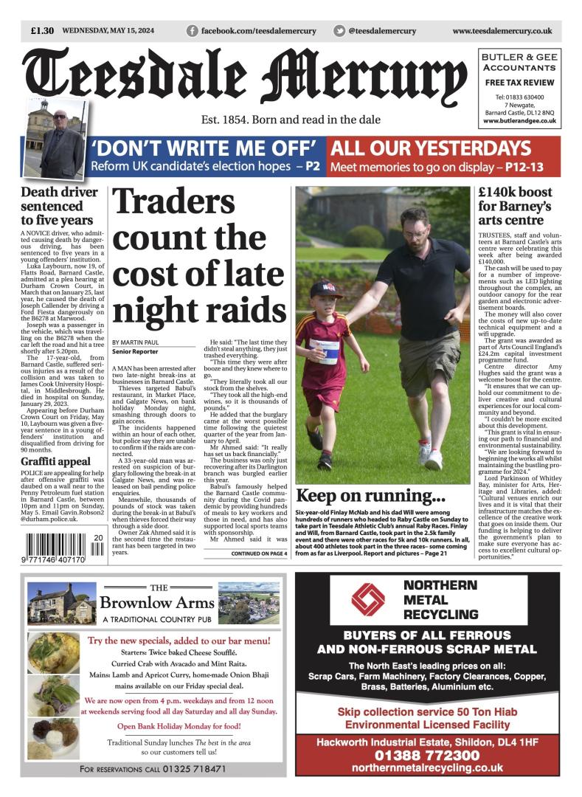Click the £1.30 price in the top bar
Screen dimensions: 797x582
43,31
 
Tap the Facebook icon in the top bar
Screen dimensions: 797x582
193,31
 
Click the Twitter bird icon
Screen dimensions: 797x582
339,31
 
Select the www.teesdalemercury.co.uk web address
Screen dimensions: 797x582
502,31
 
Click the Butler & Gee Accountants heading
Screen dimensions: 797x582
519,62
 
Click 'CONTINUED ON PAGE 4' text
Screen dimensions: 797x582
258,553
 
